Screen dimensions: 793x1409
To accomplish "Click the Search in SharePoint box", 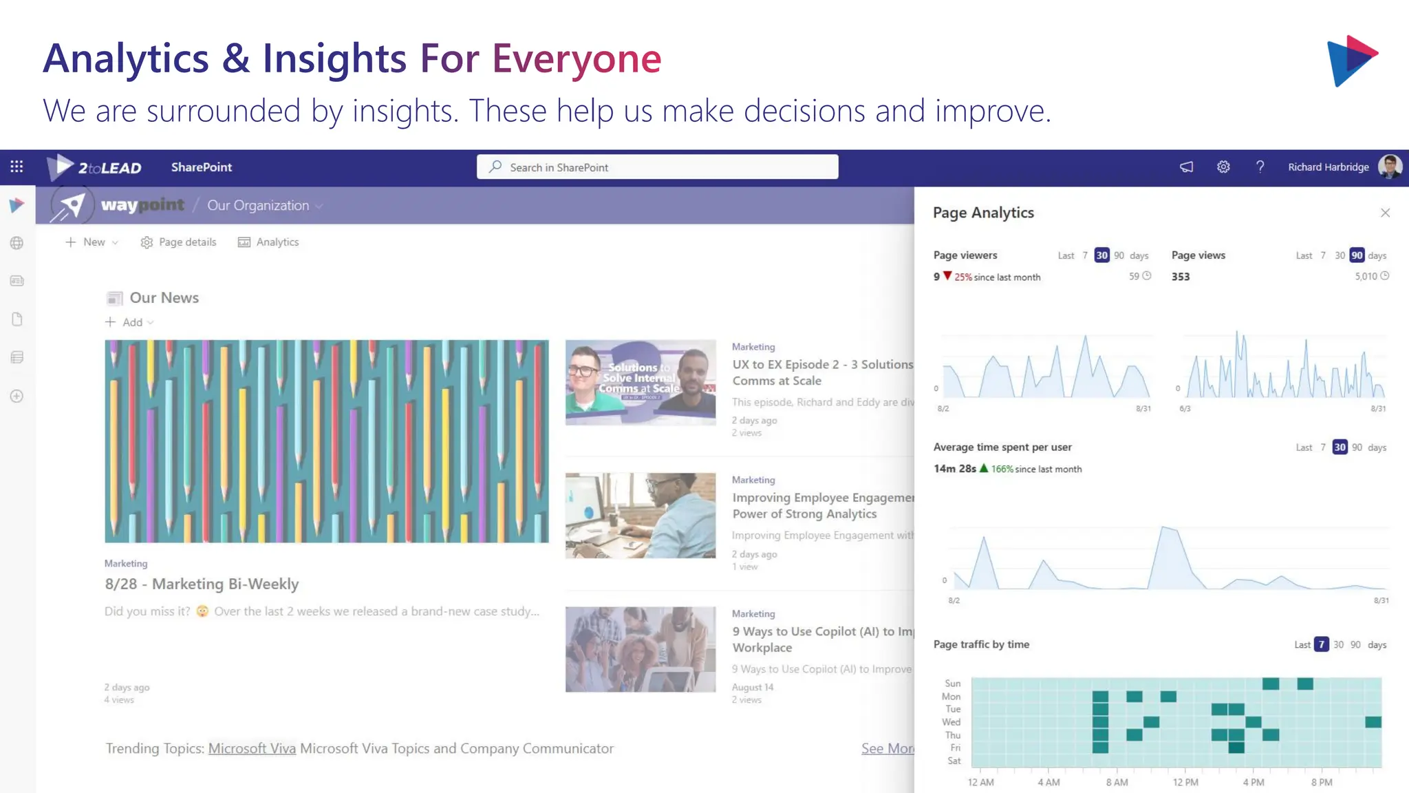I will point(657,167).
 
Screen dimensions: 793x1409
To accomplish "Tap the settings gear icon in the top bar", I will point(1223,167).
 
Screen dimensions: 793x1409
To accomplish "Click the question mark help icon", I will point(1260,167).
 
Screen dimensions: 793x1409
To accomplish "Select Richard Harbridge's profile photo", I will point(1390,167).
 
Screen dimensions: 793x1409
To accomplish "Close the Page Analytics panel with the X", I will point(1385,213).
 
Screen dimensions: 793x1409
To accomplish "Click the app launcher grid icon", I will point(17,167).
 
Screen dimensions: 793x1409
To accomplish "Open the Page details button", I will point(179,242).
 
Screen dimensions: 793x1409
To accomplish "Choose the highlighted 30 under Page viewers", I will point(1101,255).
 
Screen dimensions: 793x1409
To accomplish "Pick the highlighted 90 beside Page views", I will point(1357,255).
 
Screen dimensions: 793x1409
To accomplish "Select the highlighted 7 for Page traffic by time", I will point(1321,645).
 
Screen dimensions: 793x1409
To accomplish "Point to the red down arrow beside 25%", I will point(947,276).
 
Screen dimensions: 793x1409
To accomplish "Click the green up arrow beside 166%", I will point(984,468).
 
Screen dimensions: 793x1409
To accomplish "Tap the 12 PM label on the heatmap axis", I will point(1185,783).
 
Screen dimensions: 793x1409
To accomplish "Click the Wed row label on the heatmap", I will point(951,722).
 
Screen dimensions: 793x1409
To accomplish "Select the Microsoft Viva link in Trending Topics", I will point(252,748).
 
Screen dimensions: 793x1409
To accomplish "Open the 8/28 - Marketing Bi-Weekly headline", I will point(202,584).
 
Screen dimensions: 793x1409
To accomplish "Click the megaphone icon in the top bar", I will point(1187,167).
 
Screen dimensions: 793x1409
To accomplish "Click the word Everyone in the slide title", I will point(577,59).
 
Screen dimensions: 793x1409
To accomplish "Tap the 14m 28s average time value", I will point(954,469).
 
